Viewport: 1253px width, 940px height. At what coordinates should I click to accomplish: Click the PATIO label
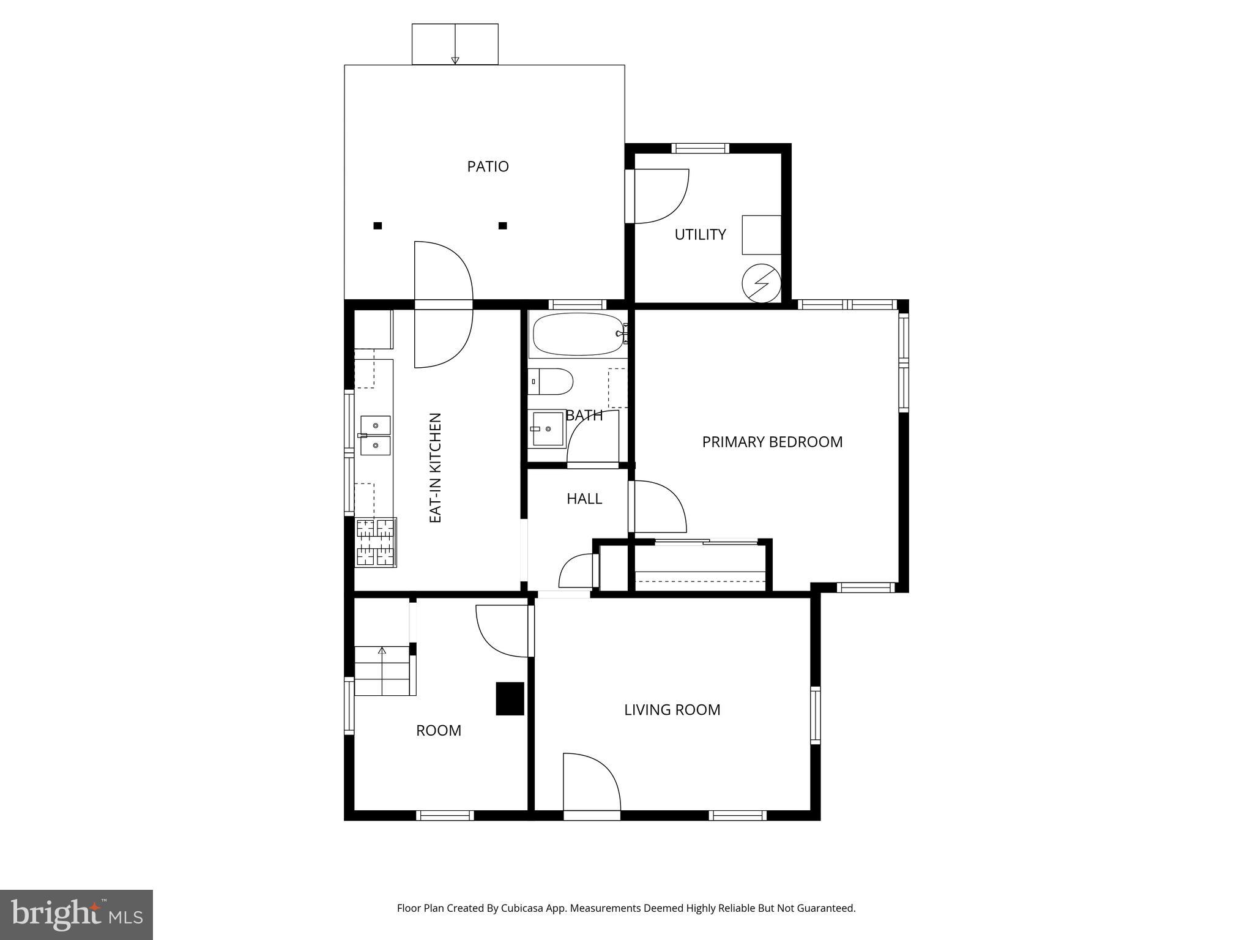(488, 166)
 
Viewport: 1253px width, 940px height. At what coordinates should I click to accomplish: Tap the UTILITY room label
(700, 234)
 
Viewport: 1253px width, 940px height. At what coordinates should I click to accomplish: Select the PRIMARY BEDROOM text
(772, 442)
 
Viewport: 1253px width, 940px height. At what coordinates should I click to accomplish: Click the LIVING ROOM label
(672, 710)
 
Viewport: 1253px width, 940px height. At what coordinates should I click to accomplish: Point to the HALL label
(584, 499)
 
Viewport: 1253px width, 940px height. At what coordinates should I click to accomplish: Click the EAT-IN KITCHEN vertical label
(436, 468)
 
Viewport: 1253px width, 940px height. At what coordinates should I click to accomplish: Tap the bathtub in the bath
(578, 334)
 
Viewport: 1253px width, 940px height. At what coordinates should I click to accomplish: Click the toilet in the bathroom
(551, 382)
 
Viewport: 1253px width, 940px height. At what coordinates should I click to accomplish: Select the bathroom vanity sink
(547, 429)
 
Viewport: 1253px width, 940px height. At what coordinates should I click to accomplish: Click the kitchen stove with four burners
(376, 542)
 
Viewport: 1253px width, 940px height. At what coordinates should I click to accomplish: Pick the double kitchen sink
(375, 435)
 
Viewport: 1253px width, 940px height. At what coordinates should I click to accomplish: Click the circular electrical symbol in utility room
(761, 283)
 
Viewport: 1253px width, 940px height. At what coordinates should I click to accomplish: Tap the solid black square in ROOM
(510, 698)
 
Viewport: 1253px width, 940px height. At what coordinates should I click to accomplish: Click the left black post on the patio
(377, 226)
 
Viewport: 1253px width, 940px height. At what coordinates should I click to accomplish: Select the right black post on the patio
(502, 226)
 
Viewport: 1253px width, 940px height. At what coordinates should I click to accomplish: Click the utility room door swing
(661, 196)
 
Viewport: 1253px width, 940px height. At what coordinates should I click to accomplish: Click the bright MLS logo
(76, 914)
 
